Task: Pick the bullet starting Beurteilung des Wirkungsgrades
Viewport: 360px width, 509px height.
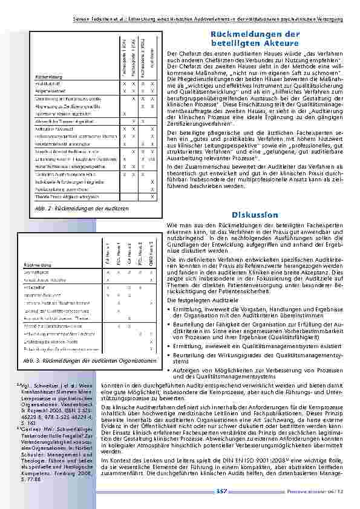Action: coord(254,356)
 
